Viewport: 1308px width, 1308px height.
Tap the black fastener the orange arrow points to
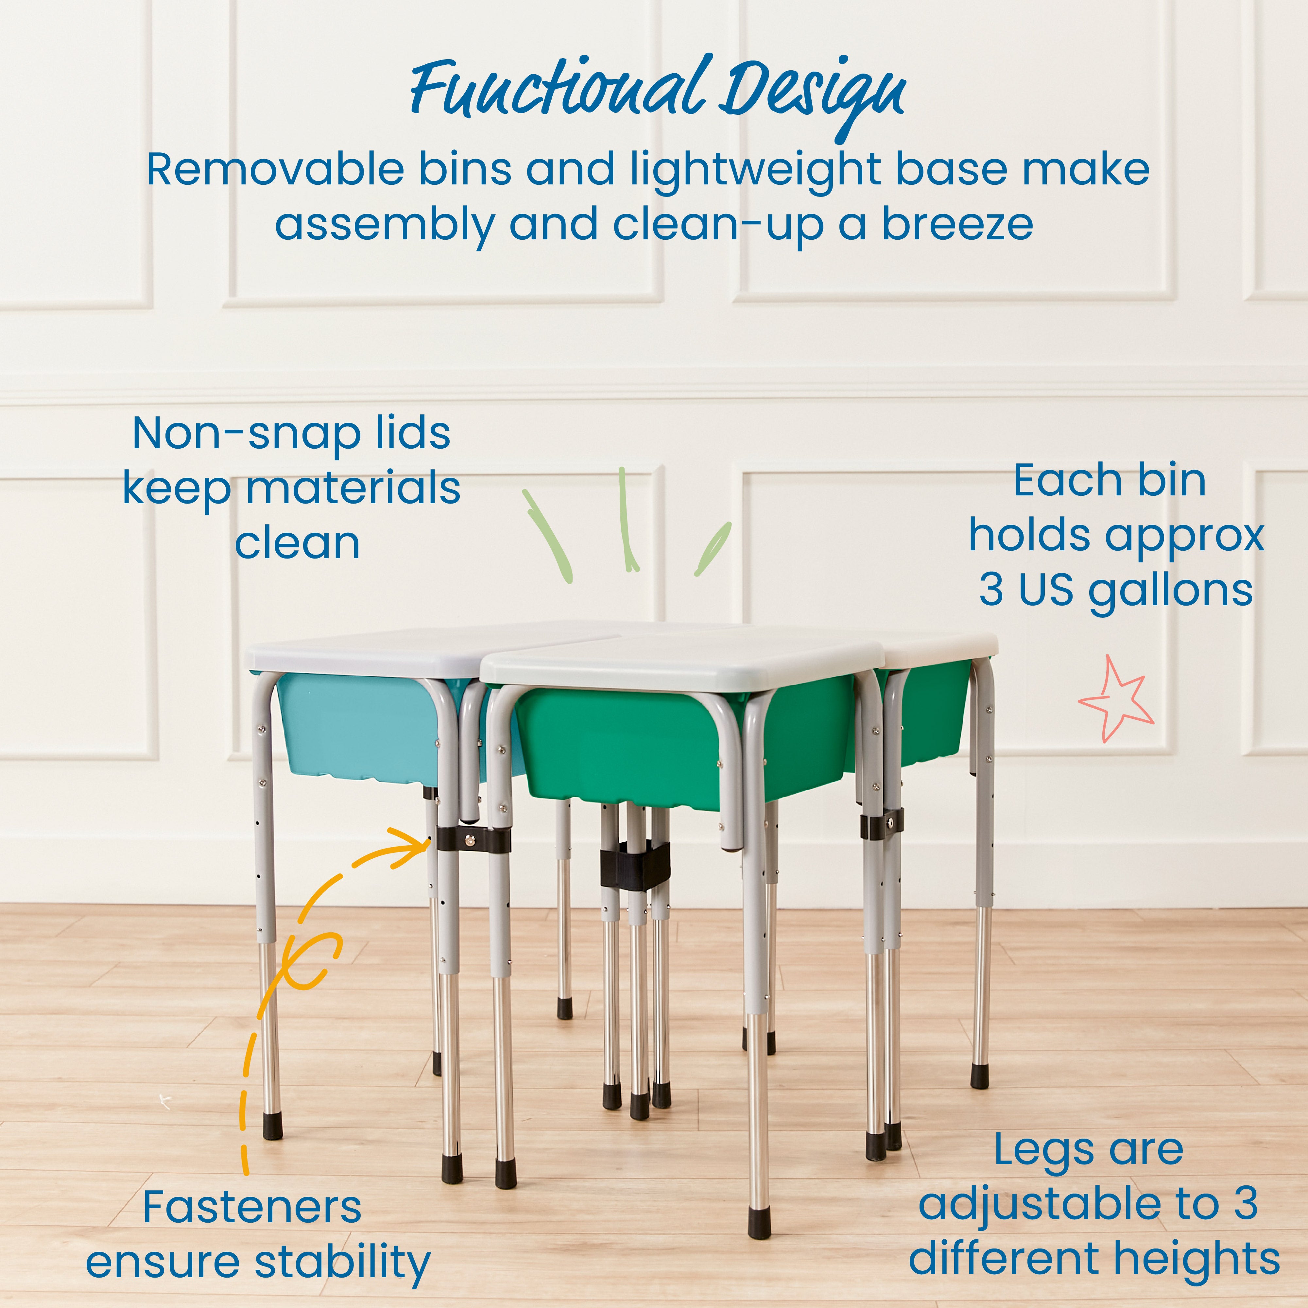coord(472,840)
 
